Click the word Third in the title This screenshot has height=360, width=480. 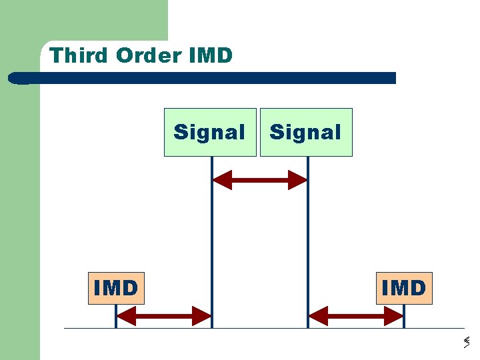[x=79, y=55]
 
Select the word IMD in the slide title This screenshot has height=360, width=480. [x=211, y=55]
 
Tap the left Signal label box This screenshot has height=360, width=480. [x=210, y=132]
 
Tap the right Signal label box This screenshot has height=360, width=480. [x=306, y=132]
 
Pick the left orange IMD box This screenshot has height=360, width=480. [x=116, y=288]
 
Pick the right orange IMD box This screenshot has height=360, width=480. [x=404, y=288]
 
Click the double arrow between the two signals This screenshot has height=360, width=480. [x=259, y=180]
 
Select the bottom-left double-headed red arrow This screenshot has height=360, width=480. [x=164, y=315]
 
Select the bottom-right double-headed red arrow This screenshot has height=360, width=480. [x=356, y=315]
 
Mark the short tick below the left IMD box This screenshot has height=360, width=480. [x=116, y=317]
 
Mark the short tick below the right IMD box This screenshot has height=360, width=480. [x=404, y=317]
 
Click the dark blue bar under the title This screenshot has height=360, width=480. [x=207, y=78]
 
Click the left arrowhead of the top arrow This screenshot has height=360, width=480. [x=221, y=180]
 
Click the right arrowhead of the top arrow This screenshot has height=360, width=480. [x=298, y=180]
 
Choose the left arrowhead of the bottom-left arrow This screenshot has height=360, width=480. [x=125, y=315]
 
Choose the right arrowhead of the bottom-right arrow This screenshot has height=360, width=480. [x=395, y=315]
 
